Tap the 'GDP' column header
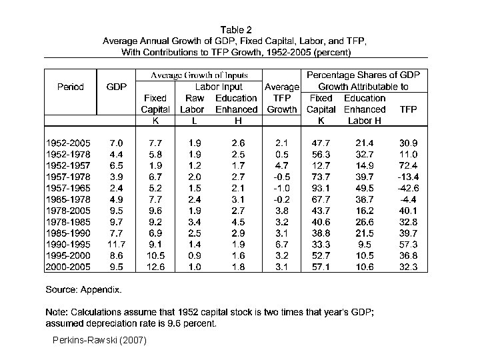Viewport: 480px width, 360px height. tap(116, 87)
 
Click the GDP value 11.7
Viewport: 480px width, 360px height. tap(116, 245)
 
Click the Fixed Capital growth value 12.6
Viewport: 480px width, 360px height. tap(155, 267)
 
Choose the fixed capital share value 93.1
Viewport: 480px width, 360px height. tap(321, 188)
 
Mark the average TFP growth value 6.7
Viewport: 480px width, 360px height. tap(281, 245)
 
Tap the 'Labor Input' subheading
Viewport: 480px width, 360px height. tap(218, 87)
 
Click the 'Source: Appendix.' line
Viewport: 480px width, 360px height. tap(83, 290)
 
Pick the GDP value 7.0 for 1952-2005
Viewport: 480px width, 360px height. tap(116, 143)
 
